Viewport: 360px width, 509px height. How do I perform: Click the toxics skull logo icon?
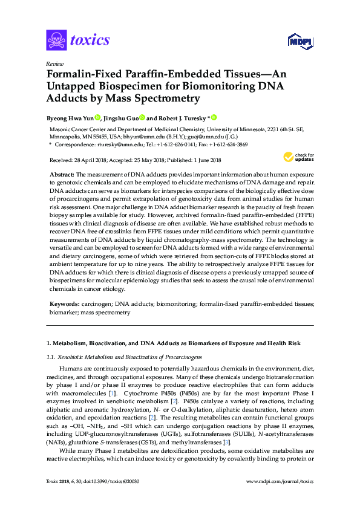(56, 41)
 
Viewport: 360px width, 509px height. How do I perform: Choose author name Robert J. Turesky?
(184, 118)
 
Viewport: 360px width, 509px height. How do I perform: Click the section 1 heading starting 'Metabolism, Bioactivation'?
(175, 343)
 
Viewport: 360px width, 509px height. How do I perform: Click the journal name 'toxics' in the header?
(90, 41)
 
